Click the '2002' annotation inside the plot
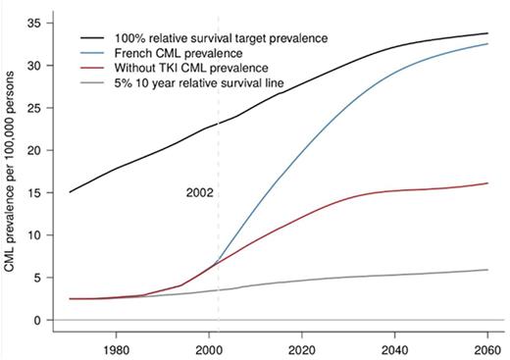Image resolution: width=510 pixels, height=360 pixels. [200, 193]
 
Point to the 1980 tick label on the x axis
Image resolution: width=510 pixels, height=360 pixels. [117, 348]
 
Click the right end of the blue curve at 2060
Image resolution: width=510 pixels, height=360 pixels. [486, 44]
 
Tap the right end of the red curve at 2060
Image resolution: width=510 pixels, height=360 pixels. [486, 183]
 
